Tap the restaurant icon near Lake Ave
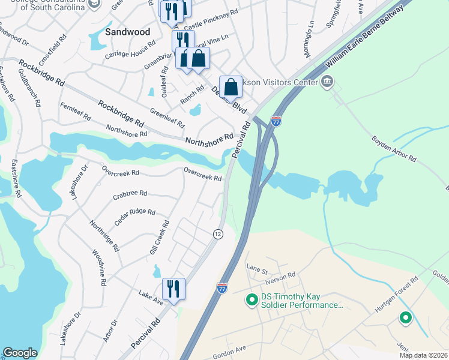[173, 289]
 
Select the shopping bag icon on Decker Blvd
[231, 88]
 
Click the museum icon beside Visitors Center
[327, 81]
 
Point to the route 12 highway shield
[218, 233]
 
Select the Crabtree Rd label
[130, 194]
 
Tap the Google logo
[20, 352]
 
